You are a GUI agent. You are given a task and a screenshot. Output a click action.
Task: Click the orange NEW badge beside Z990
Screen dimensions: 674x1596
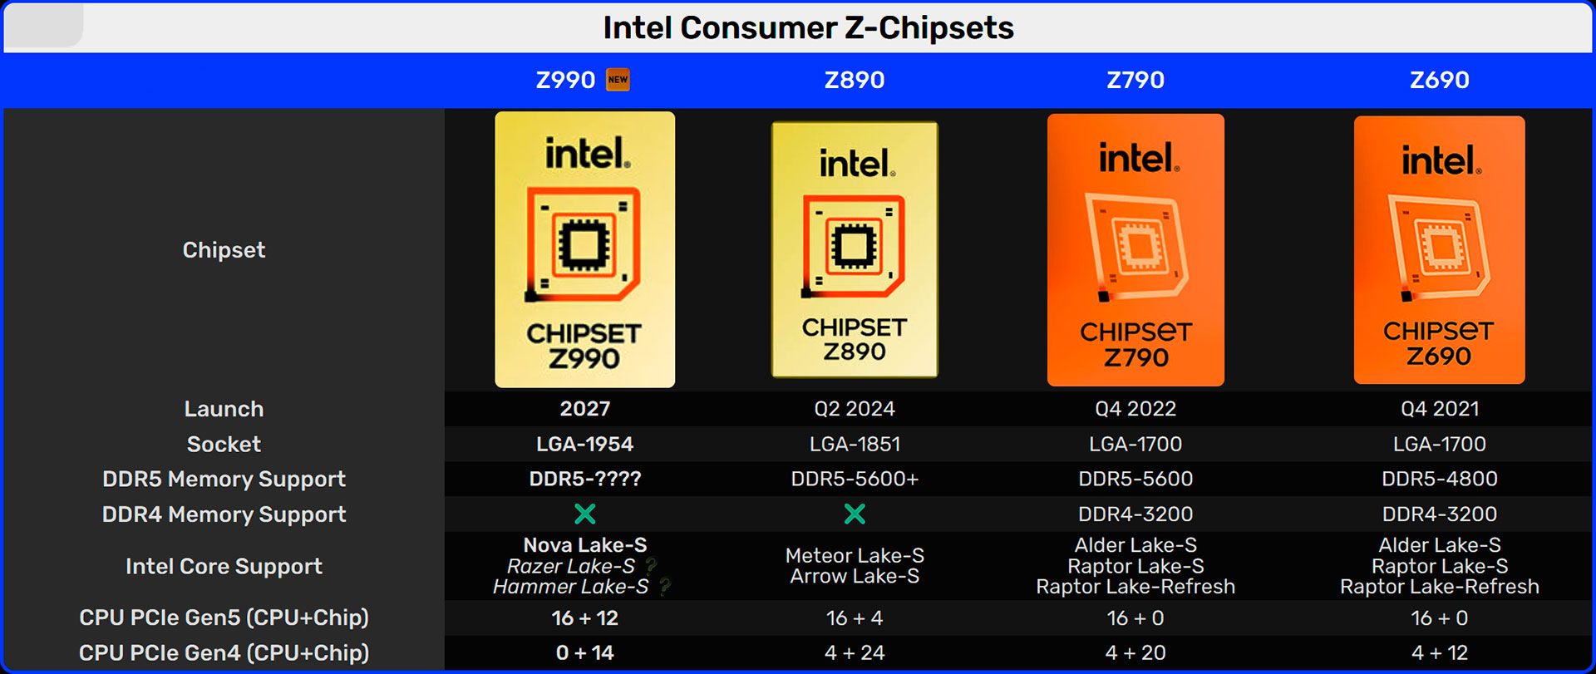point(618,80)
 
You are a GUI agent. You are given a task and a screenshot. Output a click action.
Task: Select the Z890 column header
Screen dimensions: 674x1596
point(855,80)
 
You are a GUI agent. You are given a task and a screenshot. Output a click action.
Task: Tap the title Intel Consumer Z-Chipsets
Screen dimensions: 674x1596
point(808,28)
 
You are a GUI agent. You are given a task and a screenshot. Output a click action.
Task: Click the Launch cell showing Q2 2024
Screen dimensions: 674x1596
point(855,409)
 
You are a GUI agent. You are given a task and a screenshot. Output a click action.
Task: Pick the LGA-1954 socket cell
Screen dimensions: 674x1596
point(584,444)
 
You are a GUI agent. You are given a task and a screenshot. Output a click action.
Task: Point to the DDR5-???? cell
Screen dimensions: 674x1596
point(584,479)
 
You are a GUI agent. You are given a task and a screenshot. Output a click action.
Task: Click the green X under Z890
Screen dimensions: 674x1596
point(855,514)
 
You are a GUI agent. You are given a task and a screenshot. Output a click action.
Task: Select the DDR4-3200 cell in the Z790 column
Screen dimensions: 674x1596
point(1135,514)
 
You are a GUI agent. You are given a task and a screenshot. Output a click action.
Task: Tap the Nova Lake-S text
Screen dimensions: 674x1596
point(584,545)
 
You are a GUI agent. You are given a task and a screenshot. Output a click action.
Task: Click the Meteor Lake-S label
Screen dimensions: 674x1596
point(855,555)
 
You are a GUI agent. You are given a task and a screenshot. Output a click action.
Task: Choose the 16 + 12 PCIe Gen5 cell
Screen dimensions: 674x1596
point(584,618)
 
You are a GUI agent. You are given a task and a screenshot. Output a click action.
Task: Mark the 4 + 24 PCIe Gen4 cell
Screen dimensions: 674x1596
point(855,653)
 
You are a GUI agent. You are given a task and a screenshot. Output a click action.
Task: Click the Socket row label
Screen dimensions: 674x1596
point(224,445)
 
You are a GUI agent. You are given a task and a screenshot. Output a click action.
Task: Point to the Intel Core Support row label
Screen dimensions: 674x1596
point(224,567)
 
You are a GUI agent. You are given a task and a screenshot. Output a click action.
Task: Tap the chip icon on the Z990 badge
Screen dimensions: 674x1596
point(583,244)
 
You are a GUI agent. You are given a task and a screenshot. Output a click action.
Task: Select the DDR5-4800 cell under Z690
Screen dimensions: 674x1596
point(1439,479)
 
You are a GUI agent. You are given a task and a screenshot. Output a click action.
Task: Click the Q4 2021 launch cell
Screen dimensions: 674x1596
point(1439,409)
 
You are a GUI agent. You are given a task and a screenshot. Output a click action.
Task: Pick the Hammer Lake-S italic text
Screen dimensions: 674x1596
point(570,587)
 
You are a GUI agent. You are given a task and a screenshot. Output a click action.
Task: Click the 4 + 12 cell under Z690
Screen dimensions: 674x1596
point(1439,653)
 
